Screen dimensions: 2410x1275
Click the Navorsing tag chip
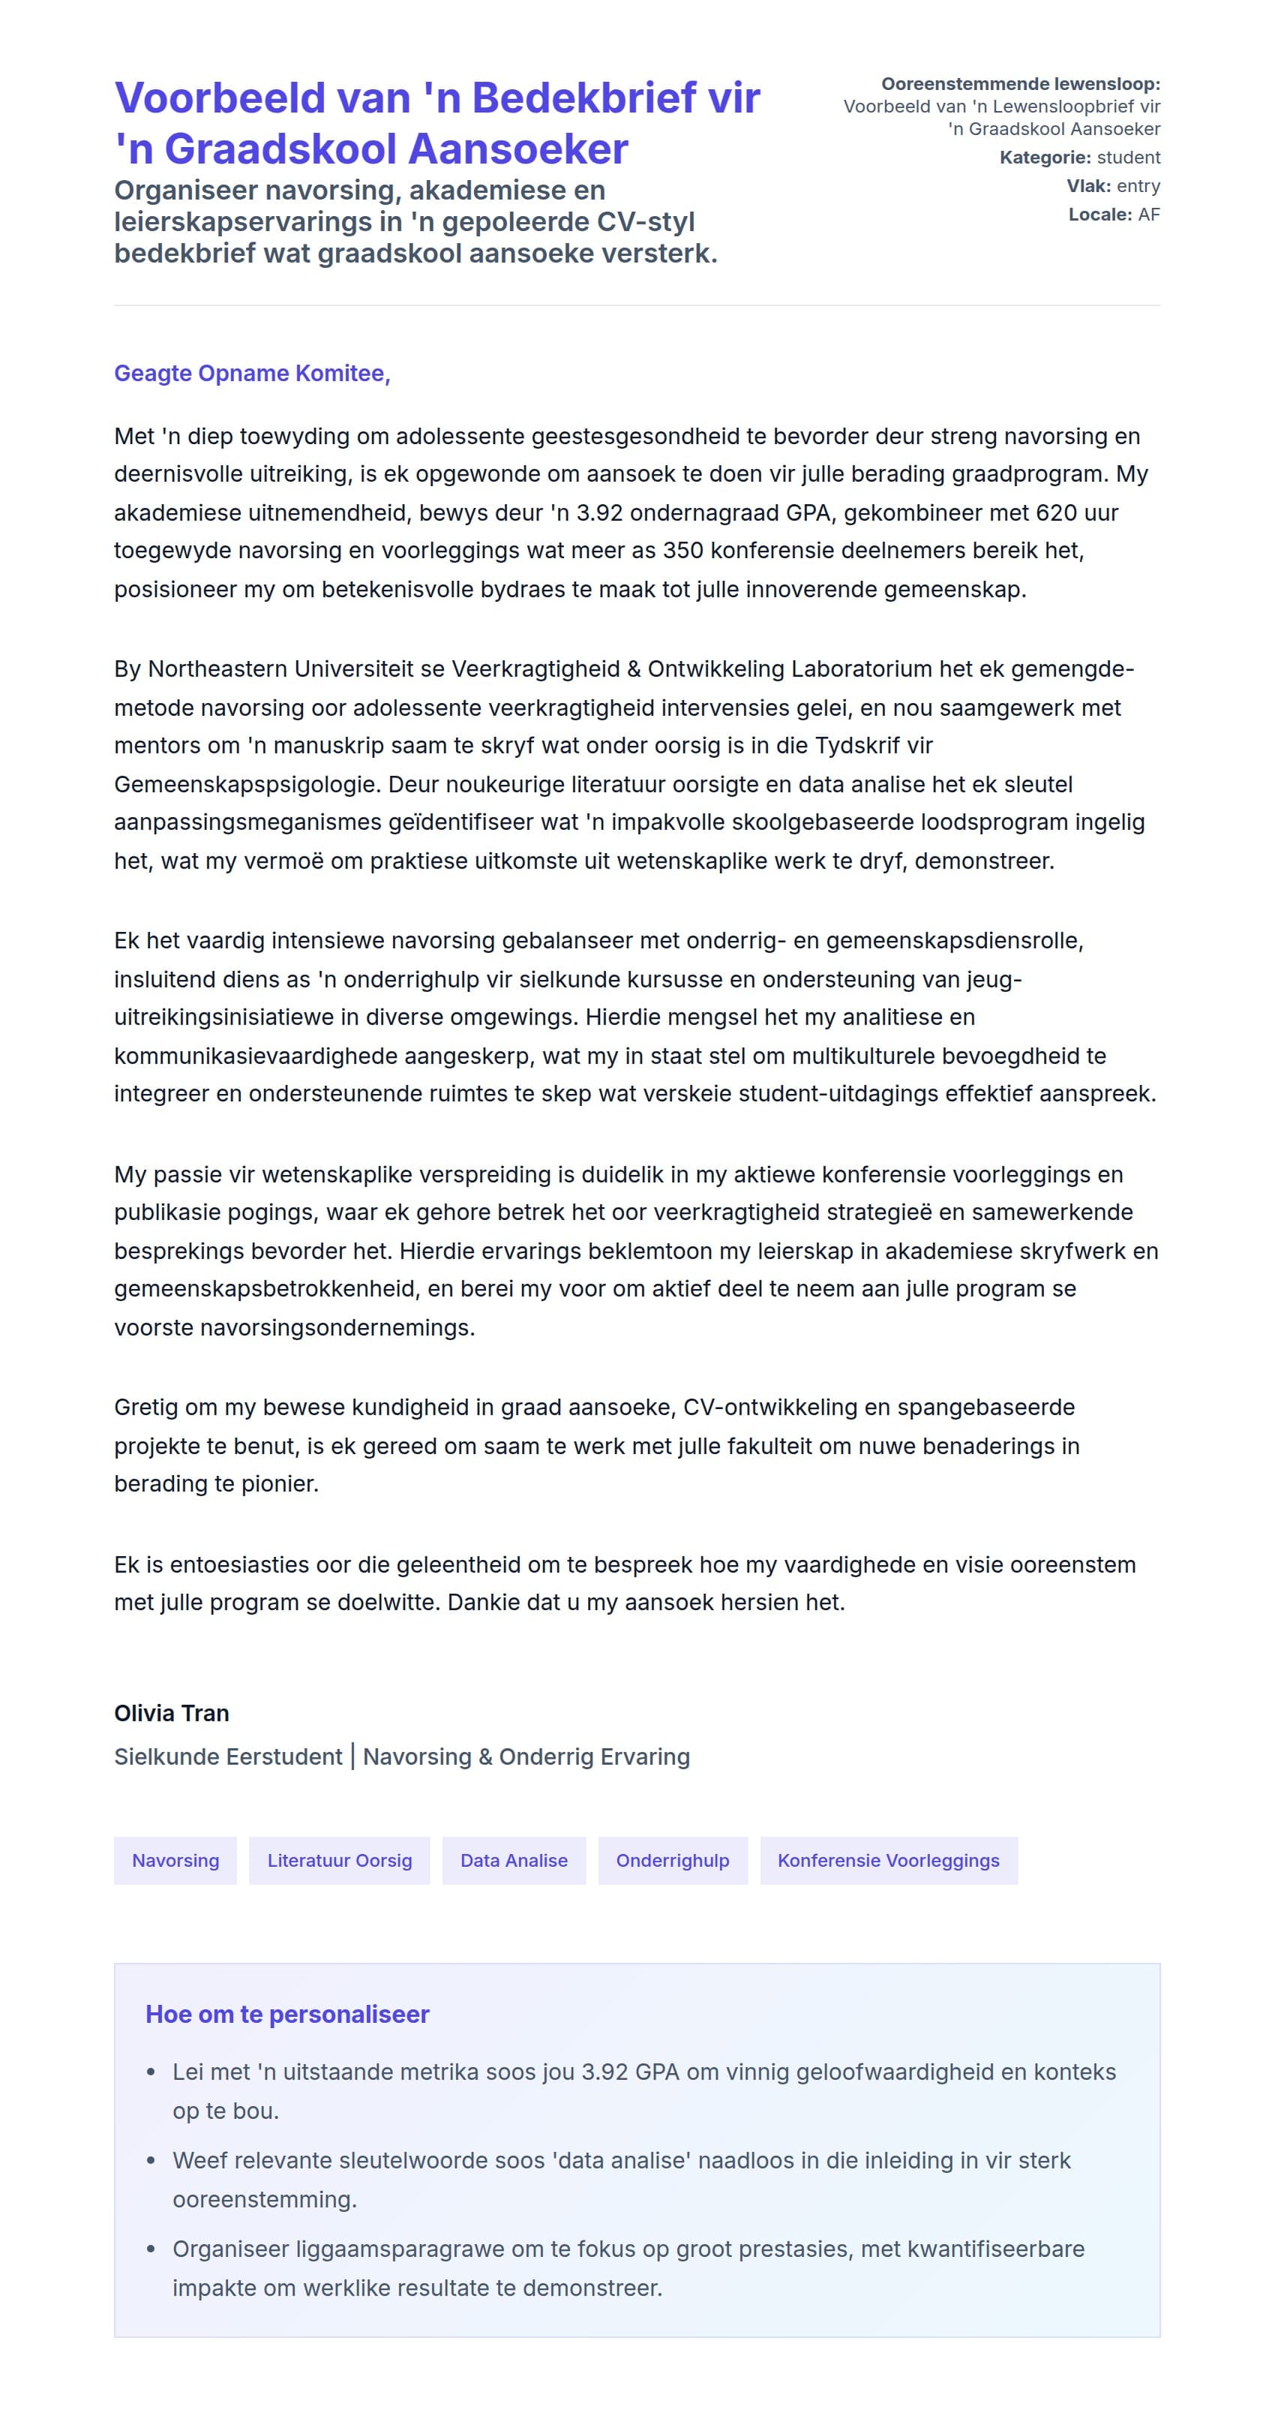pos(175,1860)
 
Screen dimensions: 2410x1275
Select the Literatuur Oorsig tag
pos(340,1860)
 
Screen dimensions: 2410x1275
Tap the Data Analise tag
pos(514,1860)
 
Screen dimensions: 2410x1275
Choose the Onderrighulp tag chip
pos(673,1860)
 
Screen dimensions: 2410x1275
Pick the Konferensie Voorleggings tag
pos(889,1860)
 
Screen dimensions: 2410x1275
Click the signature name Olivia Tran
pos(171,1713)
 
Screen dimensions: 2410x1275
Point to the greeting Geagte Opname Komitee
pos(252,374)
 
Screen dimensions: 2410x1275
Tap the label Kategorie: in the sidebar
pos(1045,157)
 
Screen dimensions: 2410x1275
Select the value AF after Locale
pos(1149,215)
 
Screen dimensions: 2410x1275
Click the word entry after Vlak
pos(1138,186)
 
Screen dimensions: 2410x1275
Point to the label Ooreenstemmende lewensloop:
pos(1021,84)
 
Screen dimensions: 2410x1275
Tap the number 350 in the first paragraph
pos(682,551)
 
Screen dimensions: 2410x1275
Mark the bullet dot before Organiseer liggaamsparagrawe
pos(151,2249)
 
